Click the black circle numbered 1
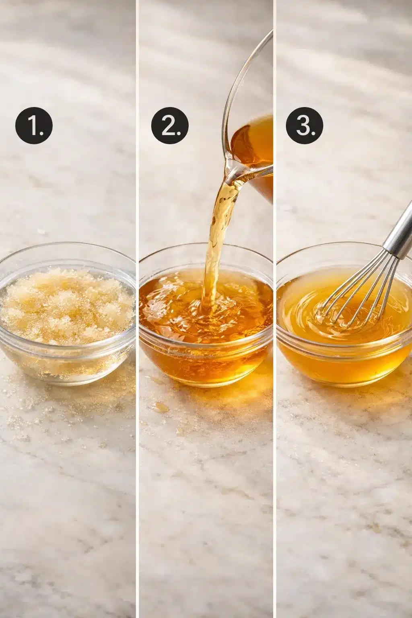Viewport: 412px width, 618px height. coord(34,126)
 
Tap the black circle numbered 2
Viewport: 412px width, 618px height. coord(170,126)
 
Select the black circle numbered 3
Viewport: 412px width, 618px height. coord(305,126)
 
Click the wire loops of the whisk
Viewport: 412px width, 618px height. coord(356,295)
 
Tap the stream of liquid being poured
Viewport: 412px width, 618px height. coord(218,243)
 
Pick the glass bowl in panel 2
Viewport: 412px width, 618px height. coord(206,315)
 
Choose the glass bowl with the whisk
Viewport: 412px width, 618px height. coord(344,315)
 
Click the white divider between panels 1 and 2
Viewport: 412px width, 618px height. coord(137,309)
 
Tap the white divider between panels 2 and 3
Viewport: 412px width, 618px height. coord(274,309)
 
